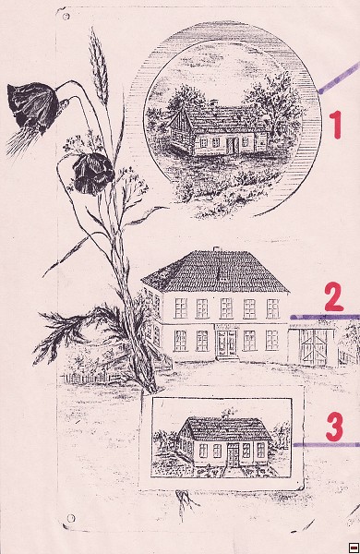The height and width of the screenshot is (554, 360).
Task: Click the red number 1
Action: click(x=336, y=124)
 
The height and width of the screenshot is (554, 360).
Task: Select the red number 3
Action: click(x=334, y=427)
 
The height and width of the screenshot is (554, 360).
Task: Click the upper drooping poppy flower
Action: click(x=32, y=106)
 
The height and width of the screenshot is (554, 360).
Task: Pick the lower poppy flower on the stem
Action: click(x=93, y=174)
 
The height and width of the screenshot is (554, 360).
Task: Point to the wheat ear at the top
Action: click(x=99, y=66)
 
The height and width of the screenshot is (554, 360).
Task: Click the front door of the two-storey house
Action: click(x=226, y=343)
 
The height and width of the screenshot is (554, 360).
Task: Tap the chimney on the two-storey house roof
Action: click(x=216, y=249)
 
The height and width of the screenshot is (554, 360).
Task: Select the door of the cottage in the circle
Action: click(x=231, y=145)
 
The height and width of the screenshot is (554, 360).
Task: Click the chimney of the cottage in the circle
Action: click(x=213, y=102)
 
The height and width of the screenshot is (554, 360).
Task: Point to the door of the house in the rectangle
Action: click(x=233, y=454)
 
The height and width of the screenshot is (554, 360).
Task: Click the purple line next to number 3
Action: click(x=327, y=445)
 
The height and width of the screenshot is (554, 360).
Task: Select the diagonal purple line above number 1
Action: click(x=339, y=78)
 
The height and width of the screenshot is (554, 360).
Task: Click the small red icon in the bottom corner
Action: click(x=353, y=547)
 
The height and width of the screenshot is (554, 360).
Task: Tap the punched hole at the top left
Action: click(x=66, y=17)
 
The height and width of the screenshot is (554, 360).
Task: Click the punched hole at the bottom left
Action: click(x=71, y=518)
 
